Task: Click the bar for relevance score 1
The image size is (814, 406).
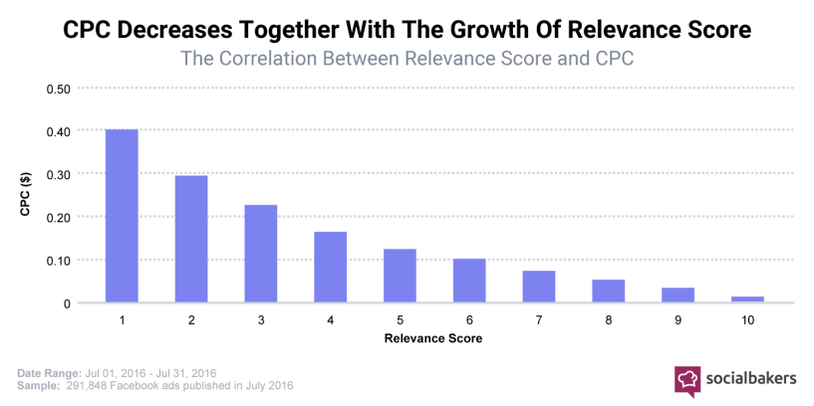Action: pos(122,216)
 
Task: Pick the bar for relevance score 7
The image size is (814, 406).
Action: pos(539,287)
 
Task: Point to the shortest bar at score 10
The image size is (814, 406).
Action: pos(747,299)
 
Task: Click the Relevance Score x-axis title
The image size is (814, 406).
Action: pos(434,339)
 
